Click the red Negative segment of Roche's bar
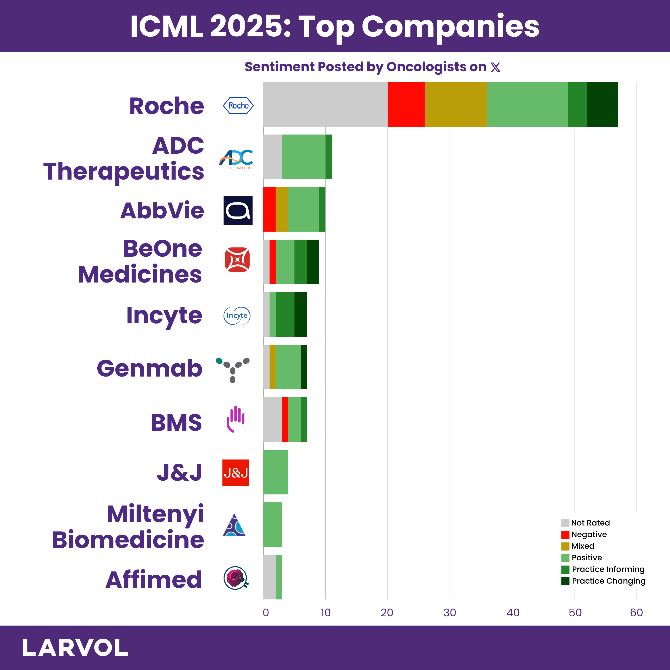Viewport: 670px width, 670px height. pyautogui.click(x=406, y=104)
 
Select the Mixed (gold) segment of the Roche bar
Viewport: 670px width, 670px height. pyautogui.click(x=456, y=104)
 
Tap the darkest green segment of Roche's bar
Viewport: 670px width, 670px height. pyautogui.click(x=602, y=104)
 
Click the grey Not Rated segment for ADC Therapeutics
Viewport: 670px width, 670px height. pyautogui.click(x=272, y=157)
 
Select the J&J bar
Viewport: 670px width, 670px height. pyautogui.click(x=275, y=472)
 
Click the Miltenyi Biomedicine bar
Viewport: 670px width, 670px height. pyautogui.click(x=272, y=524)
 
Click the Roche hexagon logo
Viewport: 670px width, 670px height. pyautogui.click(x=238, y=105)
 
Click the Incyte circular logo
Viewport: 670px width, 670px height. pyautogui.click(x=237, y=316)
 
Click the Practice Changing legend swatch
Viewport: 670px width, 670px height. pyautogui.click(x=565, y=581)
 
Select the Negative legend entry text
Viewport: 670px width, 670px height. pyautogui.click(x=589, y=534)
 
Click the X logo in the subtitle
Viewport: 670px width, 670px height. pyautogui.click(x=496, y=67)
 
